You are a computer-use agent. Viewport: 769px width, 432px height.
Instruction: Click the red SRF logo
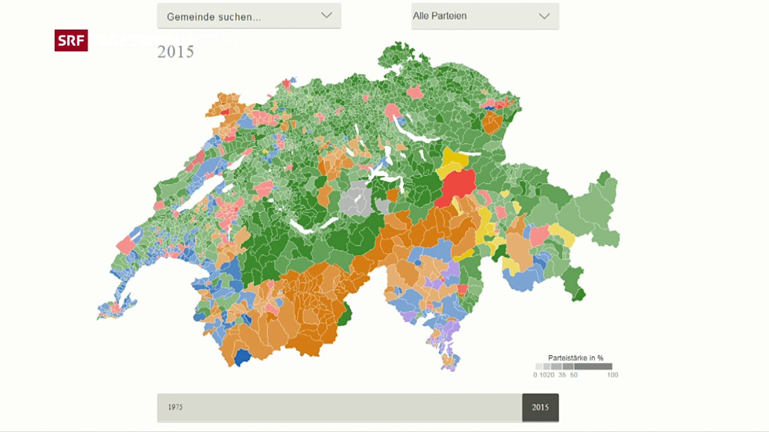[x=71, y=40]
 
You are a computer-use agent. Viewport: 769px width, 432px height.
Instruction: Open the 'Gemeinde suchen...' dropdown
[x=249, y=16]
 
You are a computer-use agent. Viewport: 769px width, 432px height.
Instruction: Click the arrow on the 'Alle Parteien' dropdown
[x=544, y=16]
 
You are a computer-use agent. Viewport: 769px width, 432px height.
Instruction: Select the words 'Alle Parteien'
[x=439, y=16]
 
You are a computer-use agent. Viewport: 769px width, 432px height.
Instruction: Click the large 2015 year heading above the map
[x=175, y=52]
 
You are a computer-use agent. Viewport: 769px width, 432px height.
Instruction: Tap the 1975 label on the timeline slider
[x=175, y=407]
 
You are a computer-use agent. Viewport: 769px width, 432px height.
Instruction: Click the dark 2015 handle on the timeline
[x=540, y=407]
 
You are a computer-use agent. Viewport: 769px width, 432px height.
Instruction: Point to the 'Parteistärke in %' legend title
[x=575, y=358]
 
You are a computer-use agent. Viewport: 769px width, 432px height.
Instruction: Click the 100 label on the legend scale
[x=612, y=375]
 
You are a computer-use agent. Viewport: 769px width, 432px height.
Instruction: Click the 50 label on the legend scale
[x=574, y=375]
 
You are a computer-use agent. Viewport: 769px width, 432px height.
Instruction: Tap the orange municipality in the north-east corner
[x=492, y=122]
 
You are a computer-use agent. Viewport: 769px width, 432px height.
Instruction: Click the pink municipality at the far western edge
[x=126, y=244]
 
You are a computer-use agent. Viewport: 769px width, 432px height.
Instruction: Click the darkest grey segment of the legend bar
[x=593, y=366]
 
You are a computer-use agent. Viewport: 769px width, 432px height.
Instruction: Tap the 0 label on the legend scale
[x=535, y=375]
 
